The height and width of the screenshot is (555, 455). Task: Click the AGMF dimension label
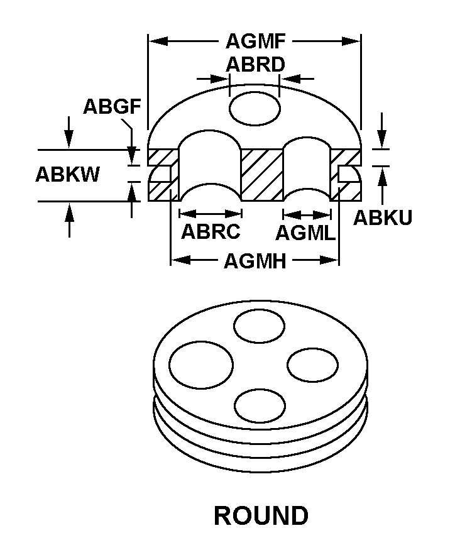point(255,41)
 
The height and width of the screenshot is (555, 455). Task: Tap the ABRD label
point(255,64)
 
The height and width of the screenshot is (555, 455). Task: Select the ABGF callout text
point(112,106)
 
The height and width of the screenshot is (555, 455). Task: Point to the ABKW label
point(68,174)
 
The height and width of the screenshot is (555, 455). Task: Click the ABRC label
point(211,231)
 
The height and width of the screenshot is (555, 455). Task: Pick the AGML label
point(305,233)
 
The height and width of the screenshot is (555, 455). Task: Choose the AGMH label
point(255,261)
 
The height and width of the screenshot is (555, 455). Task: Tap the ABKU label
point(383,217)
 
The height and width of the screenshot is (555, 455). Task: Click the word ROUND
point(261,515)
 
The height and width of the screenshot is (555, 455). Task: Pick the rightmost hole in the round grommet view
point(312,365)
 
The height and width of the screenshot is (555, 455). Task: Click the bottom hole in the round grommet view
point(260,405)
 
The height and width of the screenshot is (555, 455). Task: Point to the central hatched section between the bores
point(263,175)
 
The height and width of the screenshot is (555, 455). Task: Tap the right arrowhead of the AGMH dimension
point(329,260)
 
